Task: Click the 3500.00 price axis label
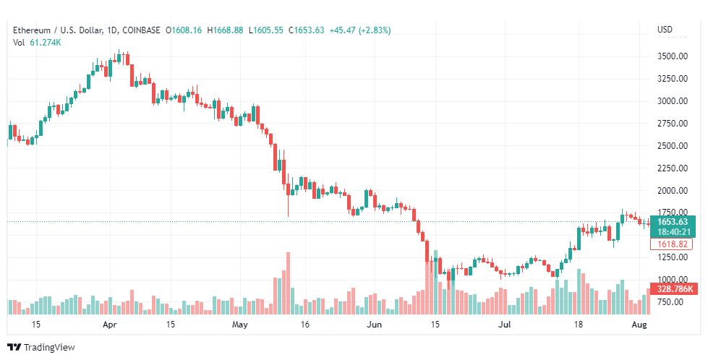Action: tap(673, 56)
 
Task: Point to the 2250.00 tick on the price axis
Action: tap(673, 168)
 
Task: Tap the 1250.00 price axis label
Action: tap(673, 257)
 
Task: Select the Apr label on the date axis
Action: tap(110, 325)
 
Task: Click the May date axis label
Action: tap(240, 325)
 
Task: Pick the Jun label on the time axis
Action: tap(375, 325)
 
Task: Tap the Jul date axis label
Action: tap(504, 325)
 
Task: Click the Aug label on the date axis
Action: tap(639, 325)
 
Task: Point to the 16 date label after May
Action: tap(304, 325)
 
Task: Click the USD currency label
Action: tap(665, 30)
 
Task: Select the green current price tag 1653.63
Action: tap(673, 222)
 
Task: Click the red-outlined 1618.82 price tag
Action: tap(673, 244)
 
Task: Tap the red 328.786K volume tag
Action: tap(674, 288)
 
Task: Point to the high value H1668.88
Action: tap(225, 30)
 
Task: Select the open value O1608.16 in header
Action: tap(184, 30)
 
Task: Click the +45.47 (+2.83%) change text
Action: tap(360, 30)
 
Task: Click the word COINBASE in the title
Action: tap(141, 30)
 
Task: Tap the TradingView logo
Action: tap(41, 348)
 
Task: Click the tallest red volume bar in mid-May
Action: tap(288, 283)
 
